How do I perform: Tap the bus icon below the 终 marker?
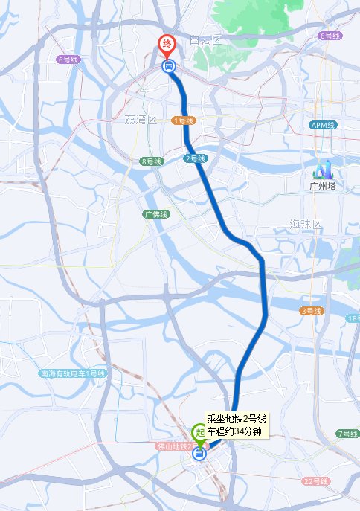tap(168, 66)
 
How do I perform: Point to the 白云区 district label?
tap(206, 39)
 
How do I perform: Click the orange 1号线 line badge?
tap(183, 120)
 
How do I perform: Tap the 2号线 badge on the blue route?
tap(194, 158)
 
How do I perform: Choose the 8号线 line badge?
tap(150, 161)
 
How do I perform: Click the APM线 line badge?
tap(324, 124)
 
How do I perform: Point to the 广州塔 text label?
tap(323, 185)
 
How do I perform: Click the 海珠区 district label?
tap(306, 224)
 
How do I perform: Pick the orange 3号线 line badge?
tap(311, 311)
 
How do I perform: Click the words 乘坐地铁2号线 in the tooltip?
tap(234, 420)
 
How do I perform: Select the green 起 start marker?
tap(199, 431)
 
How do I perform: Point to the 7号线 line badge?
tap(347, 433)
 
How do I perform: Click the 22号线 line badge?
tap(315, 482)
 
